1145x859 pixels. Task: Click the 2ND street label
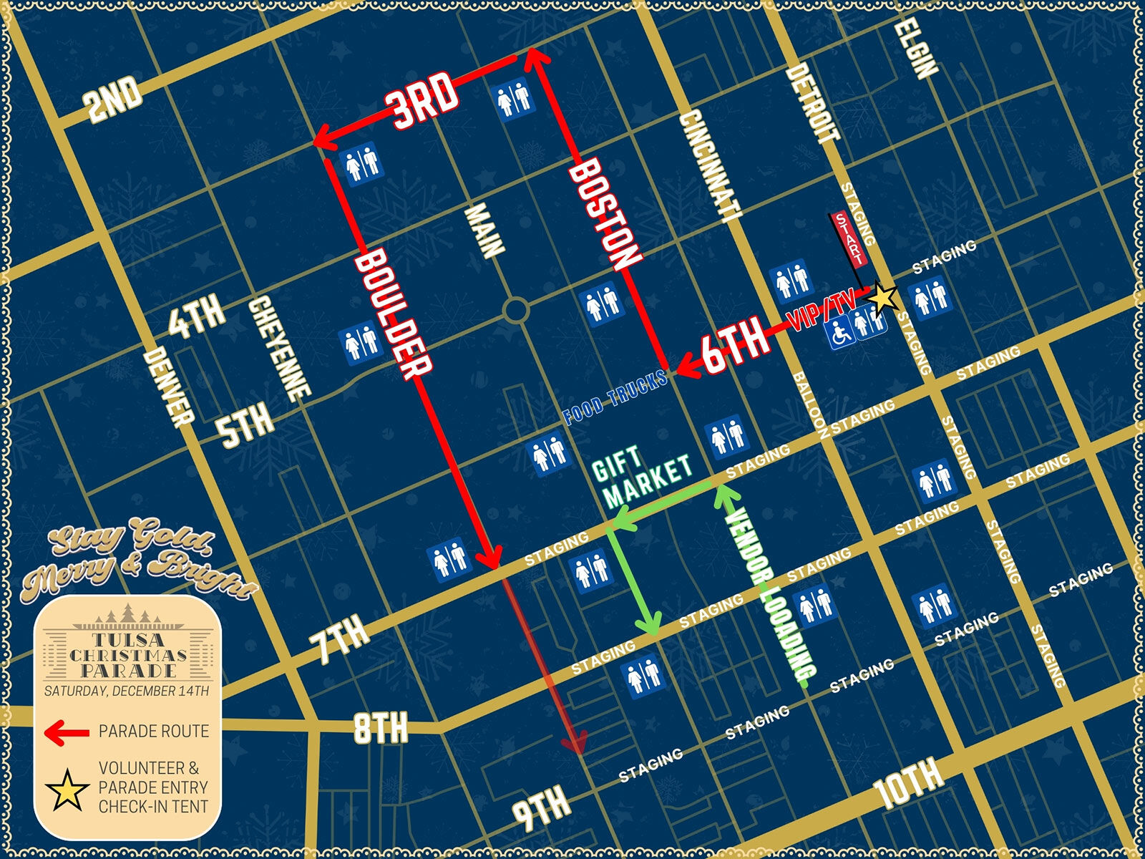[x=113, y=100]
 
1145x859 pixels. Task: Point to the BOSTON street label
[x=605, y=215]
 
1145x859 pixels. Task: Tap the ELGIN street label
[x=916, y=47]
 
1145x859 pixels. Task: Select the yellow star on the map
[x=884, y=296]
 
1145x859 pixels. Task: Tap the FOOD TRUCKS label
[x=615, y=398]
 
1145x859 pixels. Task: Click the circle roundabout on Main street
[x=515, y=311]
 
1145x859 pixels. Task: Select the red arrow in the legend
[x=67, y=732]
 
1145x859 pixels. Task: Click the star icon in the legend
[x=67, y=789]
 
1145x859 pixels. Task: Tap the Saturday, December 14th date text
[x=127, y=691]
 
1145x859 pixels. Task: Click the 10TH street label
[x=907, y=785]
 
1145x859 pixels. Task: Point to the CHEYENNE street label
[x=279, y=349]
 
